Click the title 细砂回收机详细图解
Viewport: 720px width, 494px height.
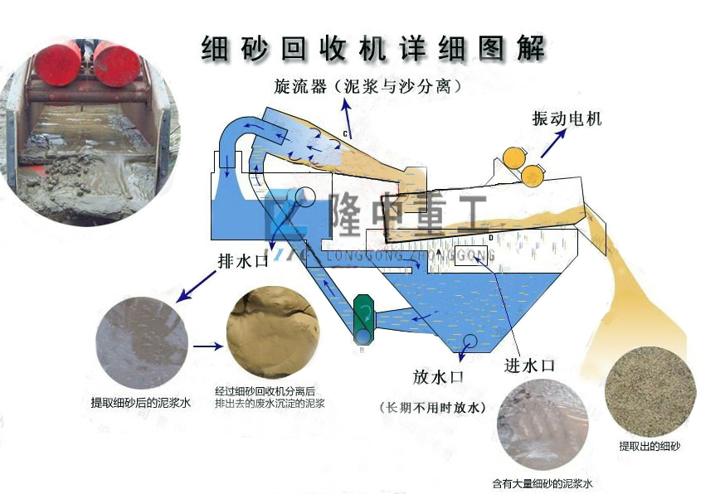pyautogui.click(x=373, y=47)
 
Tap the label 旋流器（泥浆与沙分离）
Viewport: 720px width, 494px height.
pyautogui.click(x=367, y=86)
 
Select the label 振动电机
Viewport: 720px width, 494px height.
pyautogui.click(x=567, y=119)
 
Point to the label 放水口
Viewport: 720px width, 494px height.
pyautogui.click(x=437, y=377)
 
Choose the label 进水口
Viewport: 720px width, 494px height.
pyautogui.click(x=528, y=365)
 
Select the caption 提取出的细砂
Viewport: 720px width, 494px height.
pyautogui.click(x=649, y=447)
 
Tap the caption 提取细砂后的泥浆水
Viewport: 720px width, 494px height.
pyautogui.click(x=141, y=403)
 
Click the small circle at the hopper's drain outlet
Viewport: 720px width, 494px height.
pyautogui.click(x=471, y=342)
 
